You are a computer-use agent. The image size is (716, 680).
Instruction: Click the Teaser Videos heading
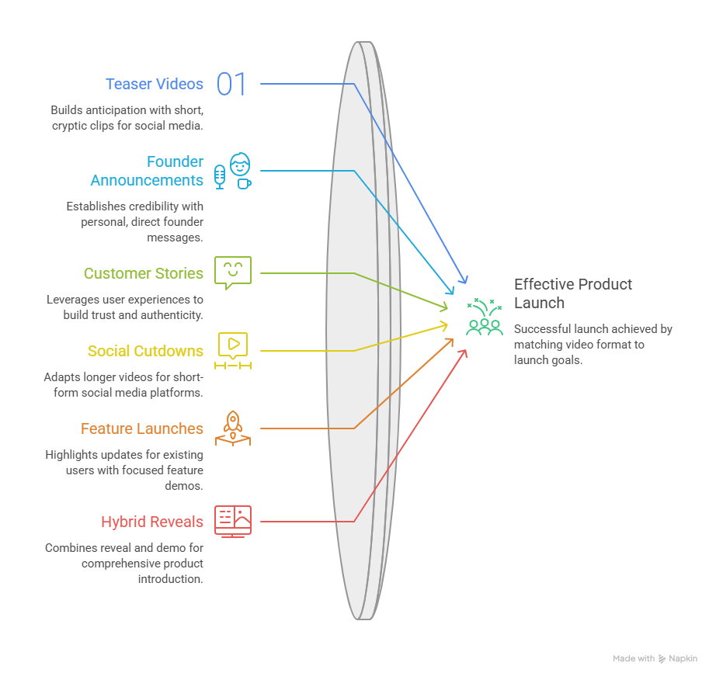click(155, 84)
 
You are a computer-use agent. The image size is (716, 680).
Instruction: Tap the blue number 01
click(231, 84)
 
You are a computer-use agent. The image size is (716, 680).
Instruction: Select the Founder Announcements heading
click(147, 171)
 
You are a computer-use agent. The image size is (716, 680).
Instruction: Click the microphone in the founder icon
click(220, 177)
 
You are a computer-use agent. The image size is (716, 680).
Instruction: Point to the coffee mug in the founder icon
click(245, 183)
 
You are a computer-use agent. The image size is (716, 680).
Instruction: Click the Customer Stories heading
click(144, 273)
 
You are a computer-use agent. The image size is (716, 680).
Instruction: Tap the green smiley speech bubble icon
click(233, 272)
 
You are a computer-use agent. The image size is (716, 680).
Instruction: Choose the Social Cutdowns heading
click(145, 351)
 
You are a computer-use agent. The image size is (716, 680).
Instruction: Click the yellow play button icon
click(233, 350)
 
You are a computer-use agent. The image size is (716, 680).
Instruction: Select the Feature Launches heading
click(142, 428)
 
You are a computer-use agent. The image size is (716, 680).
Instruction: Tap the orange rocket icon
click(233, 428)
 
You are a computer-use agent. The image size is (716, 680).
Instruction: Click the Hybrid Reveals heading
click(152, 522)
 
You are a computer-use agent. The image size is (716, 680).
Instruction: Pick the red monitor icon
click(233, 521)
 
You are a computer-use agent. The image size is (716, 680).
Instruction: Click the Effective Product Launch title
click(573, 293)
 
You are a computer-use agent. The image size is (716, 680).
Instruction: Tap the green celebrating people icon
click(485, 317)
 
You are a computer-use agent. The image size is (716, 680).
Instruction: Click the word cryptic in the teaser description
click(69, 126)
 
